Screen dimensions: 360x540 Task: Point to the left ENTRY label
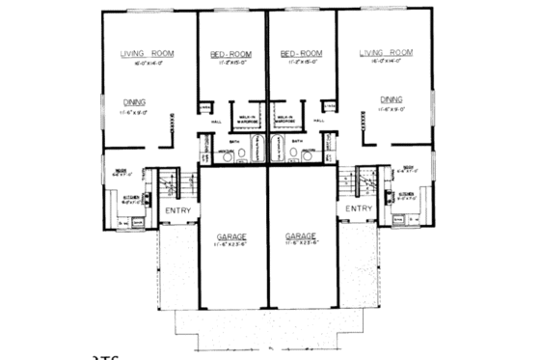click(178, 208)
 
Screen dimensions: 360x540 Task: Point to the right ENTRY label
click(358, 208)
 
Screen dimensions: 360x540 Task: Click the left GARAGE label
click(231, 235)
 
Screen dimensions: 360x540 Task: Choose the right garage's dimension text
click(304, 245)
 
